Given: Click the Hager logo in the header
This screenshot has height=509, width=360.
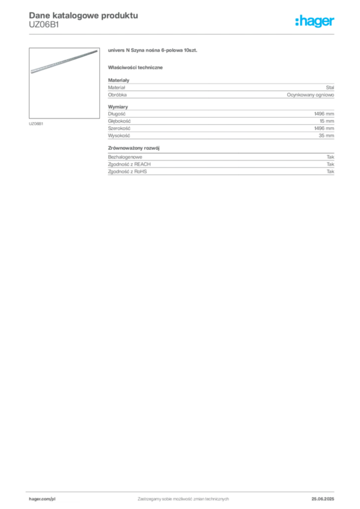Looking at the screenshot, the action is pos(314,21).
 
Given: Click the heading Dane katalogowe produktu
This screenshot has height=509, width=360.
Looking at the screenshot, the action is pos(84,15).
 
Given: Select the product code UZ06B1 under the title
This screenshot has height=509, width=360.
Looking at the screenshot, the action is pos(44,25).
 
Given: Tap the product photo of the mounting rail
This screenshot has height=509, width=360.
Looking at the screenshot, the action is pos(64,83).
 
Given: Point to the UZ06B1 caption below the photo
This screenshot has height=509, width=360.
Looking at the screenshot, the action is pos(36,124).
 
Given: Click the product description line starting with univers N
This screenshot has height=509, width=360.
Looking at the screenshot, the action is pos(153,50).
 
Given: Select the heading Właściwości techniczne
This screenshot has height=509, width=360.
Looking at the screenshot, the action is pos(135,68).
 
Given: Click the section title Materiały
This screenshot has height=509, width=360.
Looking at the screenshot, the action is pos(118,80).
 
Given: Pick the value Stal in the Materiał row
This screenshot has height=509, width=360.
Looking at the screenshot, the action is pos(330,87).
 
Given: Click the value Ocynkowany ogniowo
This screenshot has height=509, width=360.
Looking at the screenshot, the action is pos(310,95).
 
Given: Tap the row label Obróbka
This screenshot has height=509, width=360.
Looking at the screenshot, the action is pos(117,95).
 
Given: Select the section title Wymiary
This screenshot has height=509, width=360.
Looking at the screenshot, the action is pos(118,107).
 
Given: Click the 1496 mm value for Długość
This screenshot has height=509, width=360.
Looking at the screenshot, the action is pos(324,114).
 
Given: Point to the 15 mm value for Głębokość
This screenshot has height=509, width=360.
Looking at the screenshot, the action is pos(327,121).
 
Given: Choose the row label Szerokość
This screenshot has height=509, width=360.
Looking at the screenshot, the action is pos(119,129).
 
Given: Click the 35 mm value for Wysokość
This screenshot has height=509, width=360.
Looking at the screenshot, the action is pos(326,136).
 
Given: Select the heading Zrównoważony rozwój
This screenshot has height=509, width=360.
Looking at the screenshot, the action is pos(134,148).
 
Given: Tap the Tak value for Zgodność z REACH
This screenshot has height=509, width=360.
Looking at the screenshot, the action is pos(331,164).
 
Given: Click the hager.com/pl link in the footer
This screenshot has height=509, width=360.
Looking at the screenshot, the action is pos(42,499).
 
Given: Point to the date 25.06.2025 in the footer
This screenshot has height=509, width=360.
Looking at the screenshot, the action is pos(323,499).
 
